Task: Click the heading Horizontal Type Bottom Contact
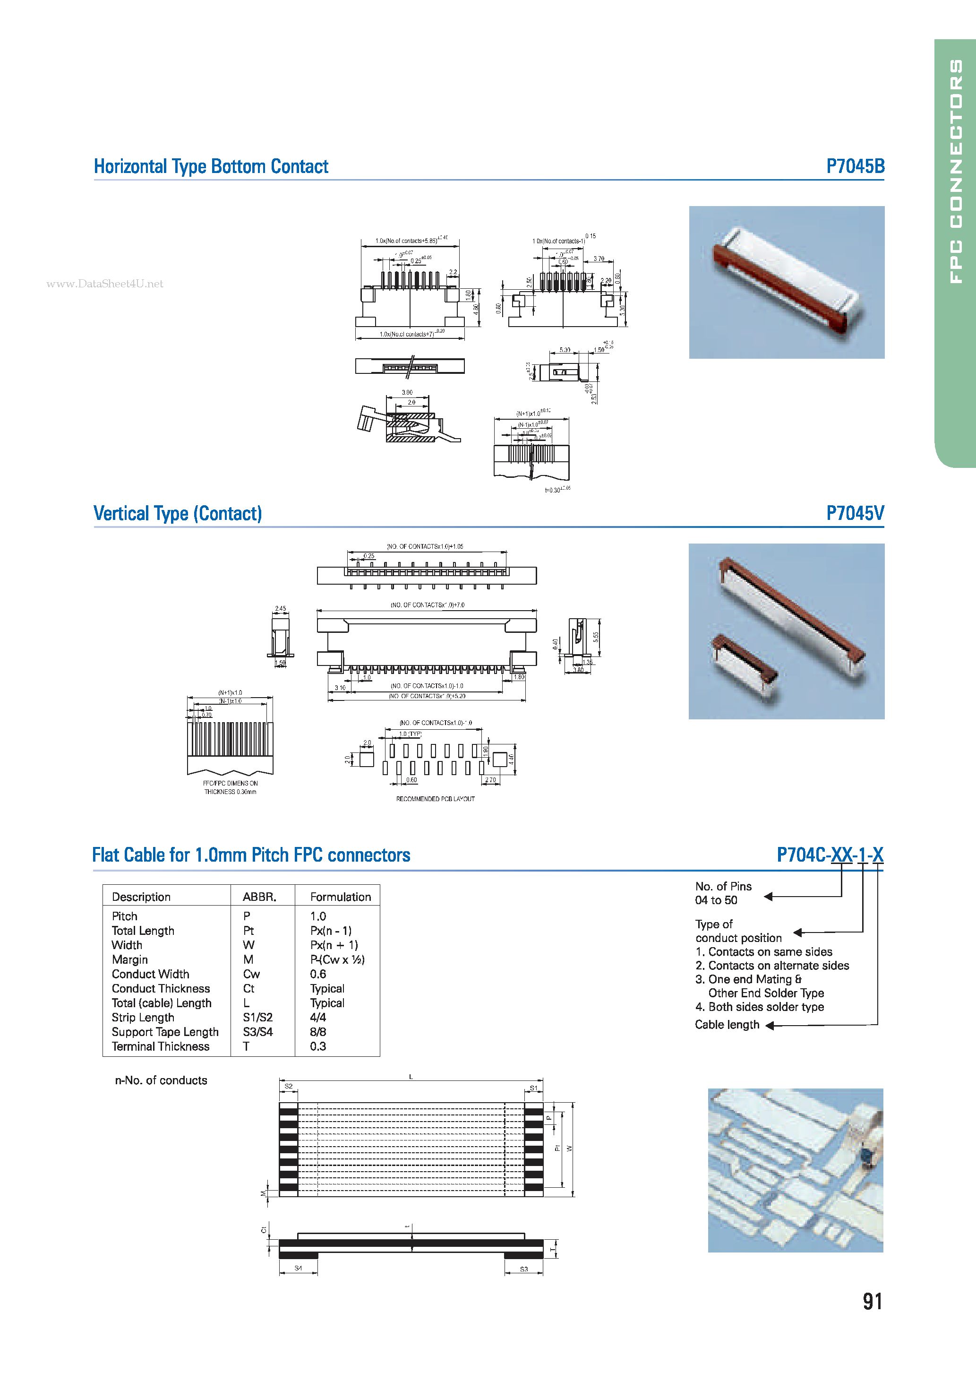click(x=211, y=167)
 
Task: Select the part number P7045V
click(x=855, y=513)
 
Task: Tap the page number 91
click(x=872, y=1301)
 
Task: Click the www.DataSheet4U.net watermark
click(x=105, y=284)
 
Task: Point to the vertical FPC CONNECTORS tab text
click(x=956, y=172)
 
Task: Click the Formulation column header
click(x=340, y=897)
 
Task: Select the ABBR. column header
click(x=259, y=897)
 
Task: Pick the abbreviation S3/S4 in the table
click(x=257, y=1032)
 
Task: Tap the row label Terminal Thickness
click(x=160, y=1046)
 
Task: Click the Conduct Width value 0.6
click(x=318, y=974)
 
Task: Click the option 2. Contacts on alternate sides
click(x=772, y=966)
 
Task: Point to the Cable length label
click(x=727, y=1025)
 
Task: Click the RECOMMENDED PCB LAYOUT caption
click(x=435, y=799)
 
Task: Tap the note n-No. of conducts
click(x=161, y=1080)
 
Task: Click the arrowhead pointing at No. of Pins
click(x=769, y=897)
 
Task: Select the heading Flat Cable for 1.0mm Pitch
click(x=251, y=855)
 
